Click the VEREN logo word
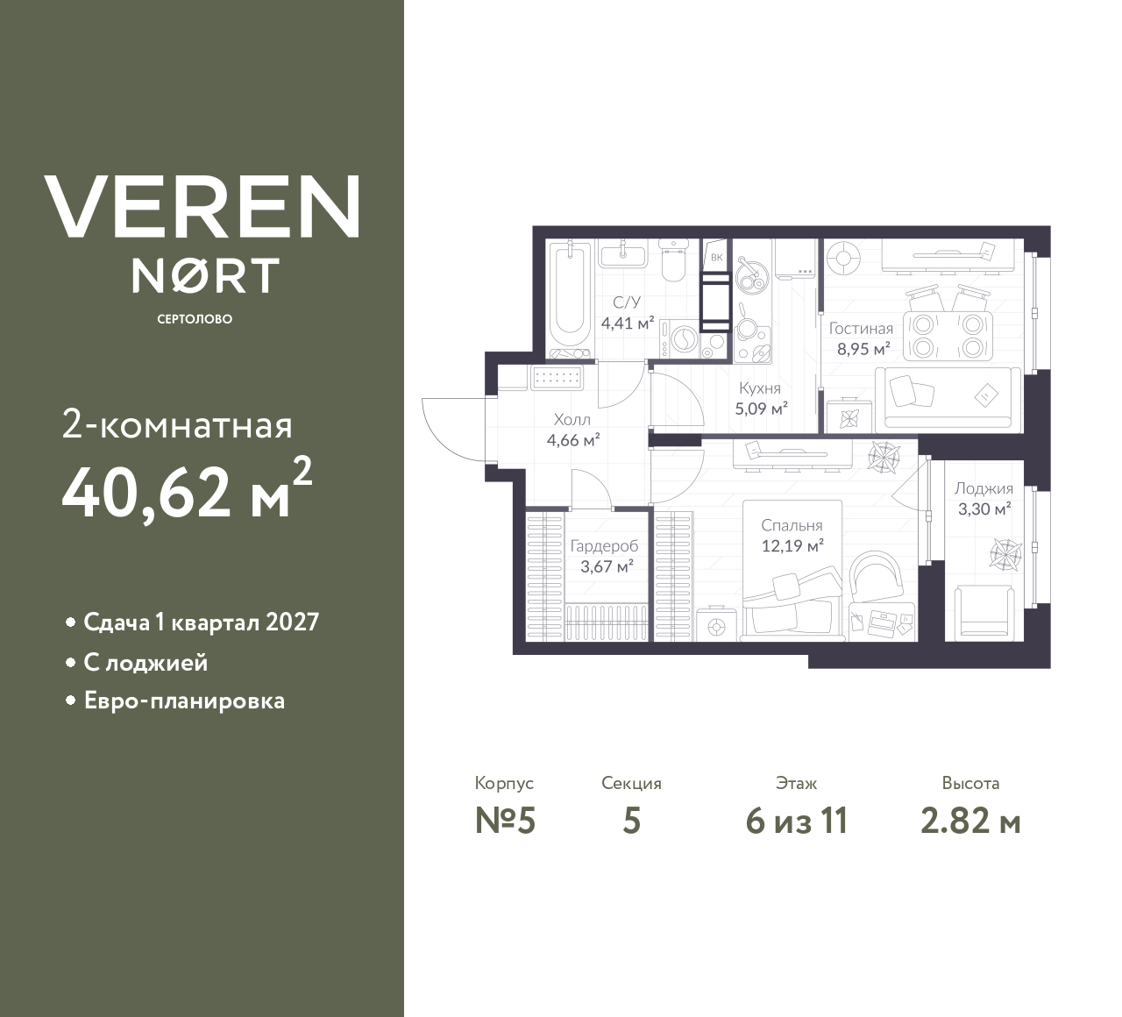point(202,207)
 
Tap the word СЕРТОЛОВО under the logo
point(195,319)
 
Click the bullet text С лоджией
point(146,662)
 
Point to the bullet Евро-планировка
point(184,701)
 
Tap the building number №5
point(505,821)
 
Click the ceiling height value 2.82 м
point(970,821)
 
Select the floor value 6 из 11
point(796,821)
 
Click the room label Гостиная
point(861,329)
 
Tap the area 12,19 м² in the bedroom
point(792,545)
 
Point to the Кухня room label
point(759,388)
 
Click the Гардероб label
point(604,546)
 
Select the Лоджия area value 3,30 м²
point(984,508)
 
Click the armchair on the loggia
point(984,611)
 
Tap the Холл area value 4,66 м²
point(573,440)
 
